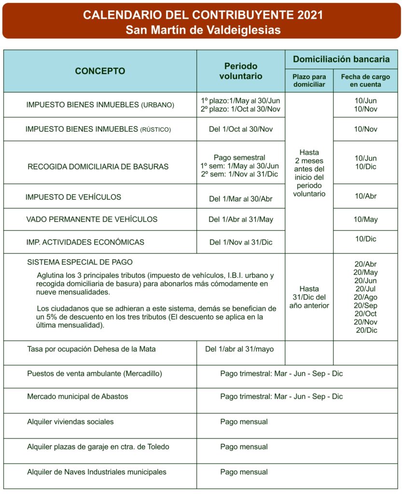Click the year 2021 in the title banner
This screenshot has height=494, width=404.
(x=307, y=15)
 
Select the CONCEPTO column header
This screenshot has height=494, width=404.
(x=100, y=71)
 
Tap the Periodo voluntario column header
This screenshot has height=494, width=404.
(x=241, y=71)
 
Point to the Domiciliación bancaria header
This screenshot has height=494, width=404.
(x=341, y=59)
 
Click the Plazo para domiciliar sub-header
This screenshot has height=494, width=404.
(x=309, y=81)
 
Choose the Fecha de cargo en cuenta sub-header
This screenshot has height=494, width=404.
(x=365, y=81)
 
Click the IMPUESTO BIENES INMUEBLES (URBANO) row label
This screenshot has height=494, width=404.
(x=100, y=105)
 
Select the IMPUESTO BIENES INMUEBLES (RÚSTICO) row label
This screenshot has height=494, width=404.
(x=98, y=129)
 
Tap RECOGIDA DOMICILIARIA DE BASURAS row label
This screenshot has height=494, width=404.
(x=98, y=167)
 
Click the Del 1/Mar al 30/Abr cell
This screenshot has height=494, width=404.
(x=241, y=198)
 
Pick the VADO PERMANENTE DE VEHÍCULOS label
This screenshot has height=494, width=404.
(x=92, y=220)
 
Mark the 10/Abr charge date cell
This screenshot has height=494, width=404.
(x=365, y=196)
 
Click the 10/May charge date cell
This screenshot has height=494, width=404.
(x=365, y=220)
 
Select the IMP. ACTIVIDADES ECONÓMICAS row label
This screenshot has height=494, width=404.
(x=85, y=242)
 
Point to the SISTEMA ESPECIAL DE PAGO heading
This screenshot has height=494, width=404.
(x=80, y=262)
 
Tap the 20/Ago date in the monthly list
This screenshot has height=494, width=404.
(x=365, y=297)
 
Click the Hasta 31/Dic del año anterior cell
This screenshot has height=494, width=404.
(x=309, y=297)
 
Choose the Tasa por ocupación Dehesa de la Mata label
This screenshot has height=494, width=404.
(x=91, y=349)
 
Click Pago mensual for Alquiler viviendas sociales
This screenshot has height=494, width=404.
(x=244, y=422)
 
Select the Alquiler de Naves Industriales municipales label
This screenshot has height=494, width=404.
(x=97, y=472)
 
